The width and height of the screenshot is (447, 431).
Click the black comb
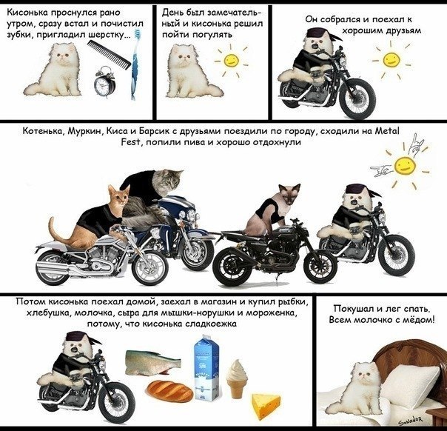pyautogui.click(x=109, y=54)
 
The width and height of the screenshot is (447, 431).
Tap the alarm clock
pyautogui.click(x=104, y=81)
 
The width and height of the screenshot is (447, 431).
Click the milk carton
pyautogui.click(x=206, y=368)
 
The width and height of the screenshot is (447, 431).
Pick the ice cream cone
pyautogui.click(x=237, y=379)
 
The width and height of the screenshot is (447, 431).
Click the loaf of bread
pyautogui.click(x=170, y=391)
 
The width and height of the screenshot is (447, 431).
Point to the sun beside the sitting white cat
pyautogui.click(x=230, y=61)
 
